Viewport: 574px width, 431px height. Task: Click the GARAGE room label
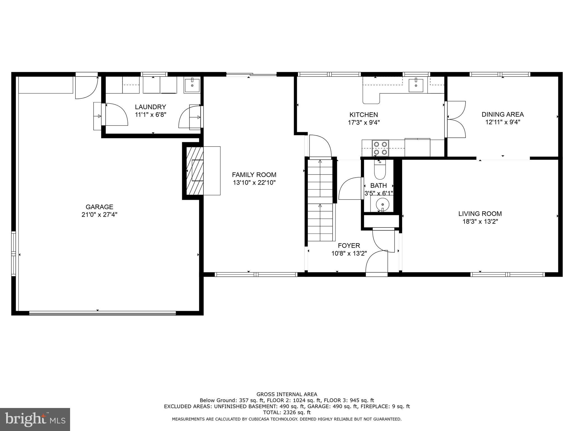pyautogui.click(x=99, y=207)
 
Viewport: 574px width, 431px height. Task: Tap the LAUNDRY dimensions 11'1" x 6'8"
pyautogui.click(x=151, y=115)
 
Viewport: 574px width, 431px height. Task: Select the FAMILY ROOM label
pyautogui.click(x=254, y=175)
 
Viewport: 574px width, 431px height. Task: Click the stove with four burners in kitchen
pyautogui.click(x=381, y=148)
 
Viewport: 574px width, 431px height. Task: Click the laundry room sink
pyautogui.click(x=192, y=85)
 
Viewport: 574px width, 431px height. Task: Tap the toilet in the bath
pyautogui.click(x=380, y=171)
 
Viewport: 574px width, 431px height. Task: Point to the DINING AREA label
pyautogui.click(x=503, y=114)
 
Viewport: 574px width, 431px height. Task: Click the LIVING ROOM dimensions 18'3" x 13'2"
pyautogui.click(x=480, y=222)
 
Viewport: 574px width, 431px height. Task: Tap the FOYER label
pyautogui.click(x=349, y=246)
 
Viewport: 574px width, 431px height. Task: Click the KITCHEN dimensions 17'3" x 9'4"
pyautogui.click(x=364, y=123)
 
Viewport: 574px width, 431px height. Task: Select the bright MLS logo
pyautogui.click(x=35, y=419)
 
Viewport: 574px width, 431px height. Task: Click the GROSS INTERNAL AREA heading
pyautogui.click(x=287, y=394)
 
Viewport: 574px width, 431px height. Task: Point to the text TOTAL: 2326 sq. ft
pyautogui.click(x=287, y=412)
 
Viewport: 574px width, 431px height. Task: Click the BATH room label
pyautogui.click(x=378, y=185)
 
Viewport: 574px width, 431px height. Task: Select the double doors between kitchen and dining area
pyautogui.click(x=456, y=120)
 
